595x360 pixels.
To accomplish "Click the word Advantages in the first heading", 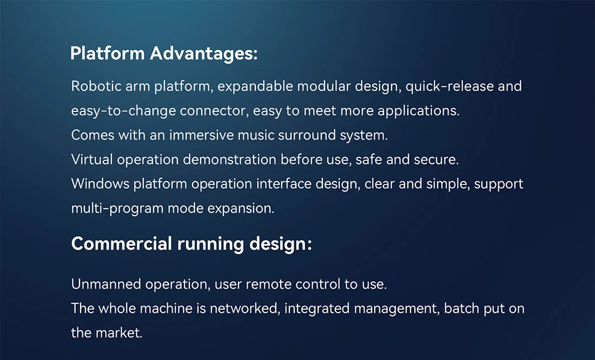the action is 204,54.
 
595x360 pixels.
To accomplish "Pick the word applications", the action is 418,111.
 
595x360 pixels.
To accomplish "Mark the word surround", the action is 307,135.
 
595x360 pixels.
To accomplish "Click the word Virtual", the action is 92,159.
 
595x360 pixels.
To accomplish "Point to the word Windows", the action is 100,184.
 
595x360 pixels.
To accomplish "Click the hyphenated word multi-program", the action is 117,209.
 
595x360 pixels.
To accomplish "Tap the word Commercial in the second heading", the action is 121,244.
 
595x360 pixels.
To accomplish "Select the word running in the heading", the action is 210,244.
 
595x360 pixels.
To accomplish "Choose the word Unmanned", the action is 106,284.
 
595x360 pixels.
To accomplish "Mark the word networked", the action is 244,309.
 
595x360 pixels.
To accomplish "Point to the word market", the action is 119,333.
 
